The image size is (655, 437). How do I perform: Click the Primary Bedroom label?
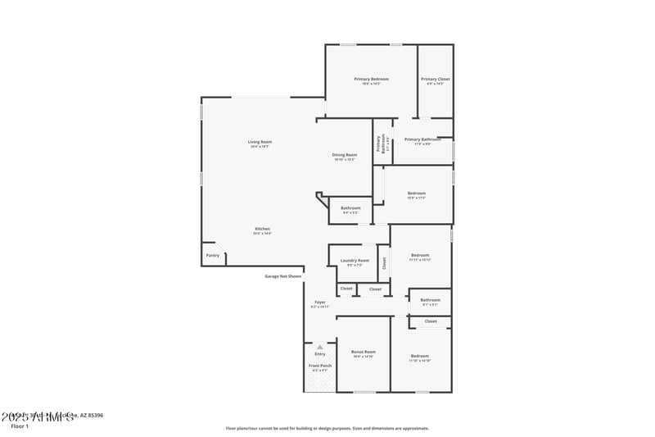371,79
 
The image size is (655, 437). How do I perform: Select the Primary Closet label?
436,79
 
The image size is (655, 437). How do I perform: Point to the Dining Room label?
345,155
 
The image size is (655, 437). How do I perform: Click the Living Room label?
260,142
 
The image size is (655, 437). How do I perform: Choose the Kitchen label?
262,229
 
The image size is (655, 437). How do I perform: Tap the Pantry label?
213,255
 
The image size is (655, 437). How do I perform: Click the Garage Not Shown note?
282,276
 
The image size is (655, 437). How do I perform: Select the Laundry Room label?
355,261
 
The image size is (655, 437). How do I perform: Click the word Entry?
320,353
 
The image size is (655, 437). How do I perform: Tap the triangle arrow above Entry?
320,347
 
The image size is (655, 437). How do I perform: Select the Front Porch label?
320,366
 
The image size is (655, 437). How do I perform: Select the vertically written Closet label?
384,263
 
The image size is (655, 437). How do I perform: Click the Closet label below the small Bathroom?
431,321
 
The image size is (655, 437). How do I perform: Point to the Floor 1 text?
20,426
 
